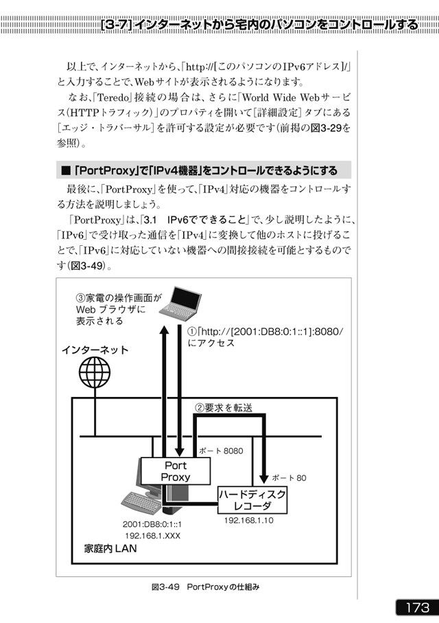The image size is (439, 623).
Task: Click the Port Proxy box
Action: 176,471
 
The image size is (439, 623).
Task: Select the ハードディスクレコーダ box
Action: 252,500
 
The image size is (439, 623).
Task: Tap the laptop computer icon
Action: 180,303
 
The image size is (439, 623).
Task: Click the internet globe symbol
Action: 95,372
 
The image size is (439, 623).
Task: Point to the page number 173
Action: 417,607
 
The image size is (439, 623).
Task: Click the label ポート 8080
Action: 221,451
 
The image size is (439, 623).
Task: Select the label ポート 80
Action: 289,478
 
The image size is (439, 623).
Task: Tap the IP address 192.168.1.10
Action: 249,521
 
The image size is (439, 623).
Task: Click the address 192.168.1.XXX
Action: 153,536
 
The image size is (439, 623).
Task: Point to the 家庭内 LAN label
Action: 110,549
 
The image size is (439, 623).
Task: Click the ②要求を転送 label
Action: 224,407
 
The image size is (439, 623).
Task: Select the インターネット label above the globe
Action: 95,350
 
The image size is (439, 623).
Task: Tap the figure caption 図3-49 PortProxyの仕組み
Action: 205,587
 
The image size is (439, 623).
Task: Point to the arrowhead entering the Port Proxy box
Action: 180,452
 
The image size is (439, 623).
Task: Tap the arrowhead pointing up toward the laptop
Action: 164,330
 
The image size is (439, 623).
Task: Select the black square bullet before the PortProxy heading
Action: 65,171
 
